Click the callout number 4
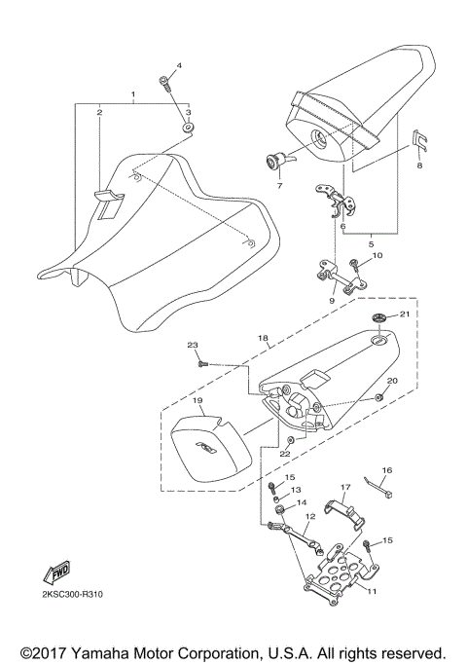tap(179, 66)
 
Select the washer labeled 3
tap(187, 128)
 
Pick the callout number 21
tap(407, 314)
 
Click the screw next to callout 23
tap(202, 362)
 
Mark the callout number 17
tap(343, 487)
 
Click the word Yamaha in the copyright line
tap(111, 651)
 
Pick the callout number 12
tap(309, 517)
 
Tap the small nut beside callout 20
tap(377, 399)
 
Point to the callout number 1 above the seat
tap(132, 94)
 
